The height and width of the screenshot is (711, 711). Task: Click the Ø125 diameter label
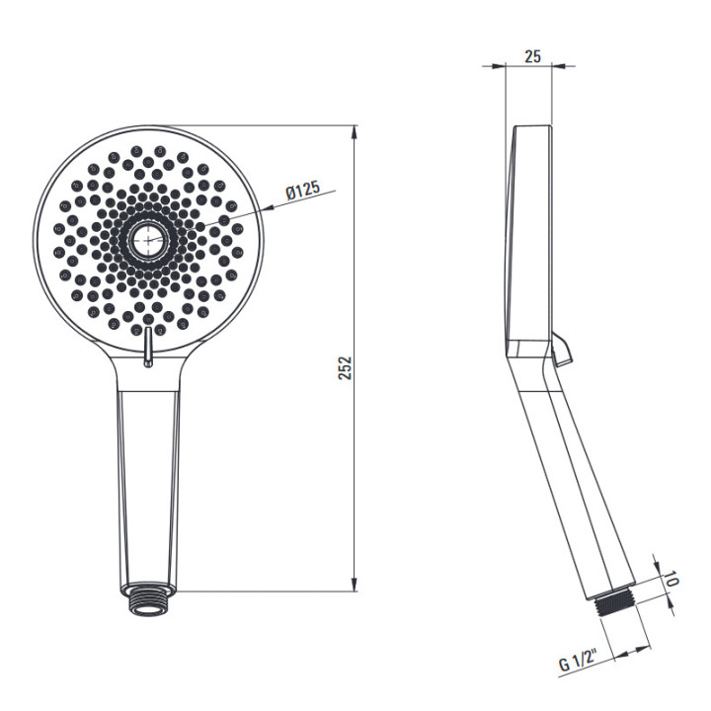(x=303, y=190)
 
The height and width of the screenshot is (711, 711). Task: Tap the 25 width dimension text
(x=533, y=56)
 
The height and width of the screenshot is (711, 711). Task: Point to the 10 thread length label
(x=671, y=579)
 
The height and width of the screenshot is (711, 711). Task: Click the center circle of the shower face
(x=148, y=240)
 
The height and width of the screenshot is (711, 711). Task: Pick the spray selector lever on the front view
(x=147, y=347)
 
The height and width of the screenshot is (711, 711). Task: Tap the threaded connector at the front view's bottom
(x=148, y=599)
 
